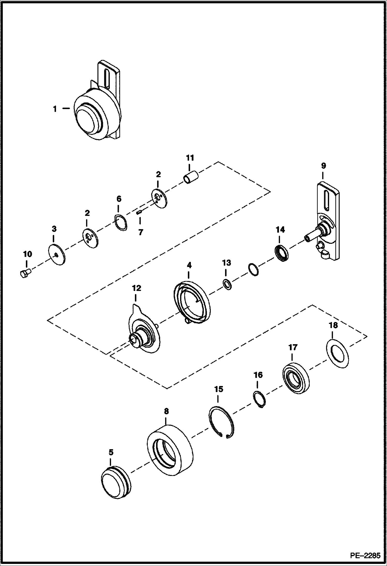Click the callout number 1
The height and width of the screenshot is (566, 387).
tap(55, 109)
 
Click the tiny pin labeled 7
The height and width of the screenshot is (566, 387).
tap(139, 212)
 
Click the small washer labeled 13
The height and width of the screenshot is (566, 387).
tap(227, 285)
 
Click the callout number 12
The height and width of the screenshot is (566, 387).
tap(137, 288)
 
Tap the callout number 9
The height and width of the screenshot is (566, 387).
tap(323, 166)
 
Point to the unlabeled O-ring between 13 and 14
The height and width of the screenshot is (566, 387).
tap(253, 269)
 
